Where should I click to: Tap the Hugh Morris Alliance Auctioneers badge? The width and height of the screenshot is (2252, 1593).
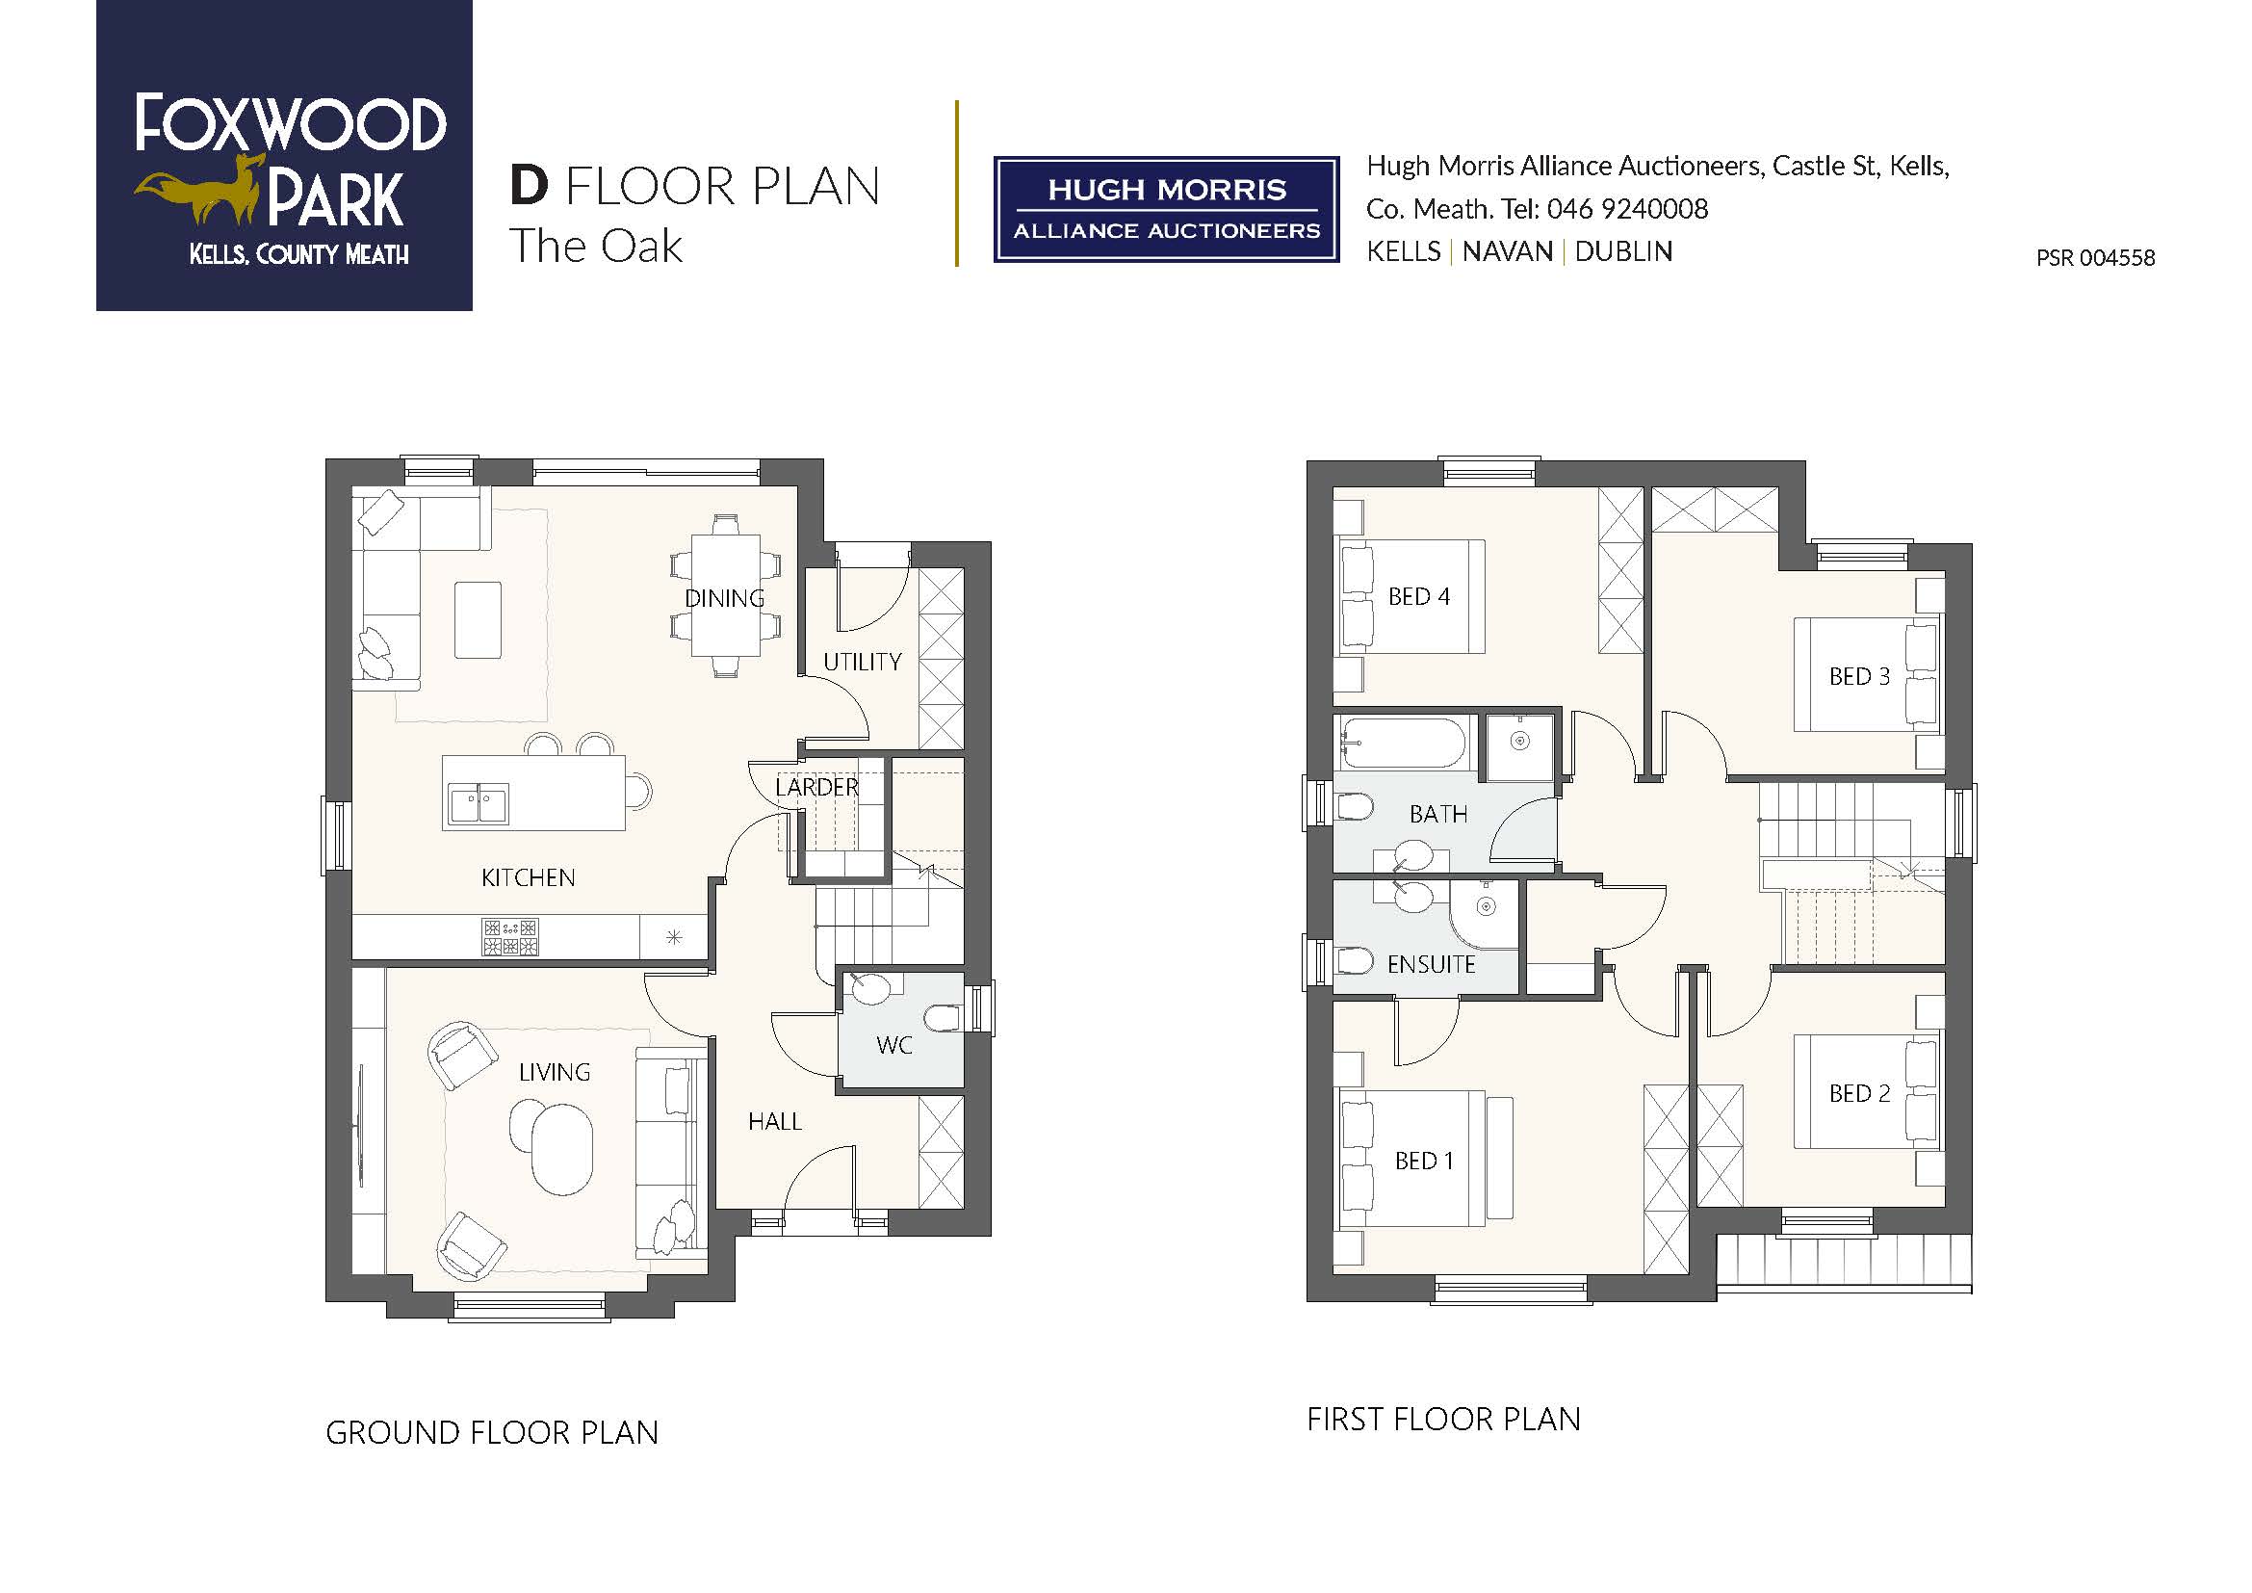pos(1166,209)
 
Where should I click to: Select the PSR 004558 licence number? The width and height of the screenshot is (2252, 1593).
pos(2095,258)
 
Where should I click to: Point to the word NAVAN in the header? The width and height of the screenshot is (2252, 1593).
pos(1508,251)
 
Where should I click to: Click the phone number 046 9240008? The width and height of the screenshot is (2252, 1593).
pos(1627,209)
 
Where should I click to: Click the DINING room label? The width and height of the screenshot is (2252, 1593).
pos(725,598)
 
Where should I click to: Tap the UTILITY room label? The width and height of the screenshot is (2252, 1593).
pos(862,662)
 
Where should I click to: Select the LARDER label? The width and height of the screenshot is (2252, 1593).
pos(817,787)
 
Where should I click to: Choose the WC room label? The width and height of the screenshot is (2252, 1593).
pos(893,1046)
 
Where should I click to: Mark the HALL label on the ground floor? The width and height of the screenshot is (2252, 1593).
pos(775,1121)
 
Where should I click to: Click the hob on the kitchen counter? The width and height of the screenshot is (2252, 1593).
pos(510,937)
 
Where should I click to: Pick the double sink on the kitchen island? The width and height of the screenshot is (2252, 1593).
pos(479,803)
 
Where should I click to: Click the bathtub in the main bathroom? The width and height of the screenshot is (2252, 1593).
pos(1405,742)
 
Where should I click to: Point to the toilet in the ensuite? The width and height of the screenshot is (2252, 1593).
pos(1356,960)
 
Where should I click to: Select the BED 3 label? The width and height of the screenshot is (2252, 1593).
pos(1858,677)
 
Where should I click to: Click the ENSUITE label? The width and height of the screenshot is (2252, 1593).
pos(1431,964)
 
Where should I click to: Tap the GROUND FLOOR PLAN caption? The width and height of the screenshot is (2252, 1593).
pos(491,1433)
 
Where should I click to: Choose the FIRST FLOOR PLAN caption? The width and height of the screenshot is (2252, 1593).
pos(1444,1420)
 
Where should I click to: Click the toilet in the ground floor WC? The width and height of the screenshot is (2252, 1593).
pos(943,1018)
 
